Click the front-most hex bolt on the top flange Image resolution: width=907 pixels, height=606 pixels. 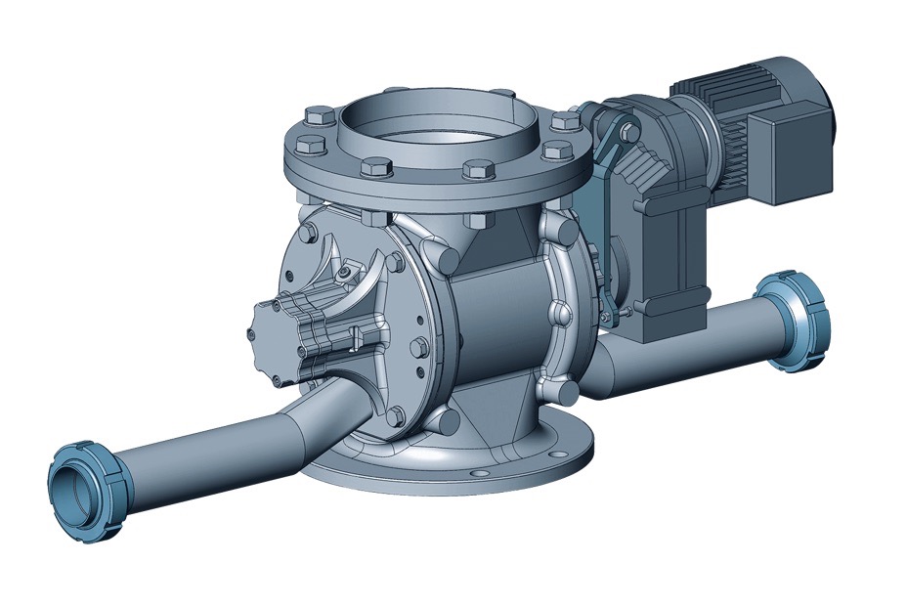click(x=475, y=170)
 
